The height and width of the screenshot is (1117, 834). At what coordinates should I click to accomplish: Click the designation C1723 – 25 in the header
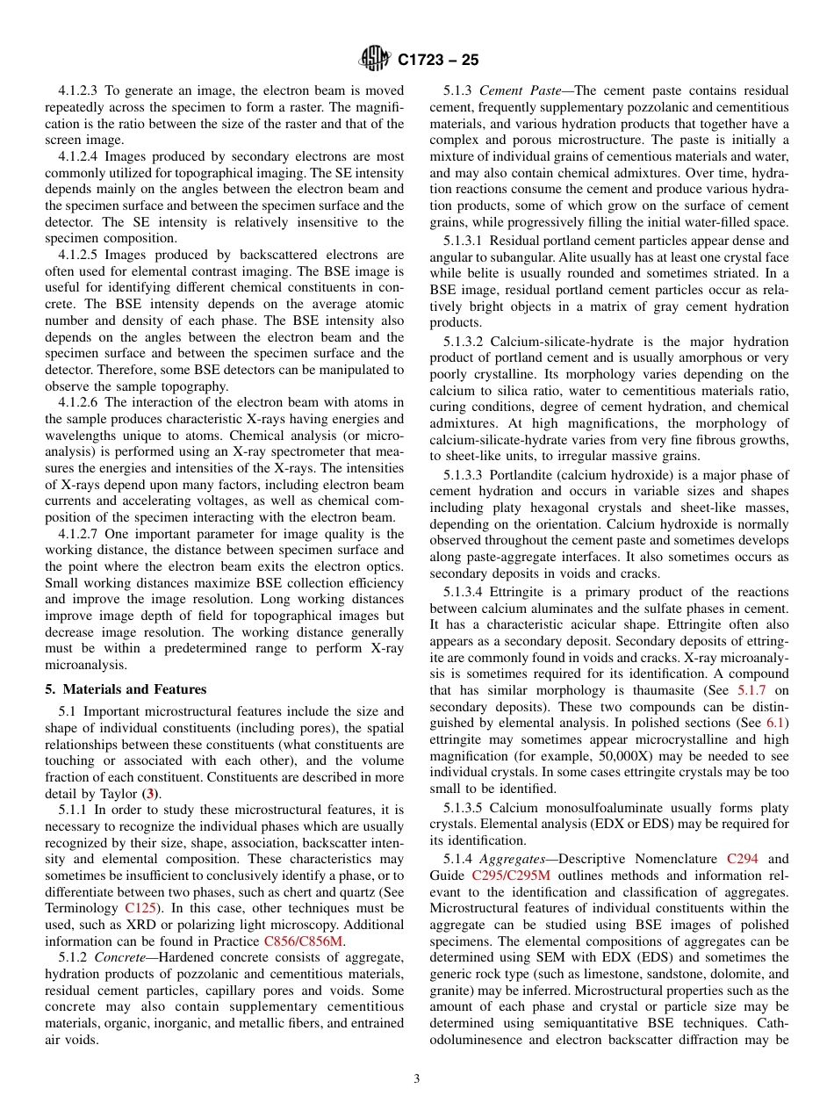(438, 61)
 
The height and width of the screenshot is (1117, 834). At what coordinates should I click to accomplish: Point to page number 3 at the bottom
(417, 1078)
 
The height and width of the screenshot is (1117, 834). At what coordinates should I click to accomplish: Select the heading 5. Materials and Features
(126, 688)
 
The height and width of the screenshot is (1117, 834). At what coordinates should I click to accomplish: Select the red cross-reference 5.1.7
(751, 690)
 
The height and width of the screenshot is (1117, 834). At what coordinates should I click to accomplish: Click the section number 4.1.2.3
(83, 90)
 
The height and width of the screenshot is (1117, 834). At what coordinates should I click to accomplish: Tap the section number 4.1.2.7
(83, 533)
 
